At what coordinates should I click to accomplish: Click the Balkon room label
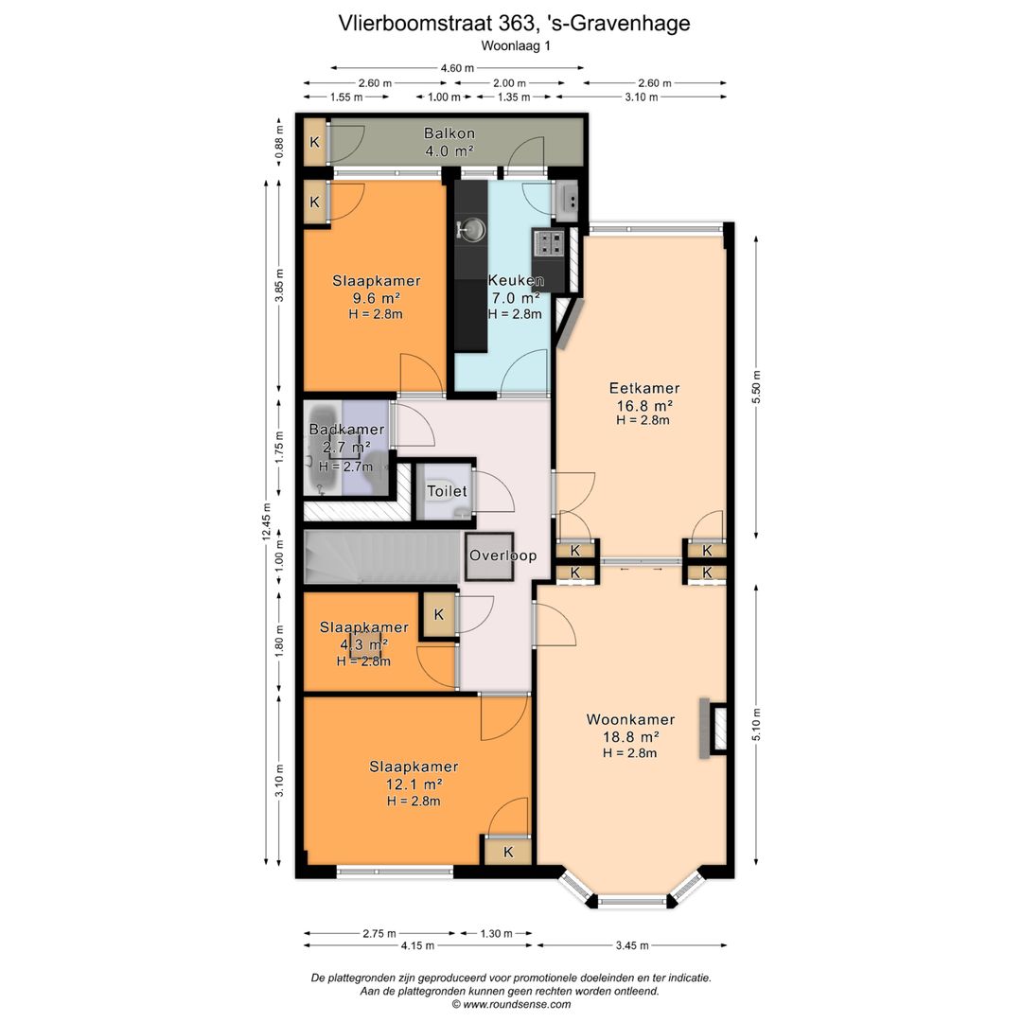click(449, 133)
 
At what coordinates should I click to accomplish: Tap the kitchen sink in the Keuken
click(471, 229)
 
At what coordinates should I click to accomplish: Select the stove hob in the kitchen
click(549, 242)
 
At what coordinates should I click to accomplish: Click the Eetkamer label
click(644, 388)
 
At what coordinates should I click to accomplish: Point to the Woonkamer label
click(630, 719)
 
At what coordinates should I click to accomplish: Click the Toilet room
click(447, 491)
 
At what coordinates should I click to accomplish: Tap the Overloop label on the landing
click(503, 555)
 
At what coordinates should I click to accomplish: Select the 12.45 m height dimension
click(266, 521)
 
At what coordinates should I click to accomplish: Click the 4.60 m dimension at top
click(457, 67)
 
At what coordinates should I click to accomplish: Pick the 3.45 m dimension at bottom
click(631, 945)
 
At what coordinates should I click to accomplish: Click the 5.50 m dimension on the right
click(756, 387)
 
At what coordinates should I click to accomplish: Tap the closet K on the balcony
click(315, 141)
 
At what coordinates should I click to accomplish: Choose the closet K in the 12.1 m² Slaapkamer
click(508, 852)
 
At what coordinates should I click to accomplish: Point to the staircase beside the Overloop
click(380, 556)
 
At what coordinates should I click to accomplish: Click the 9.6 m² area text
click(376, 298)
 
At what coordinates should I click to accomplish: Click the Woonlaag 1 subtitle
click(516, 46)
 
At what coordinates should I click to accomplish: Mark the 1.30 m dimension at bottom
click(496, 933)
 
